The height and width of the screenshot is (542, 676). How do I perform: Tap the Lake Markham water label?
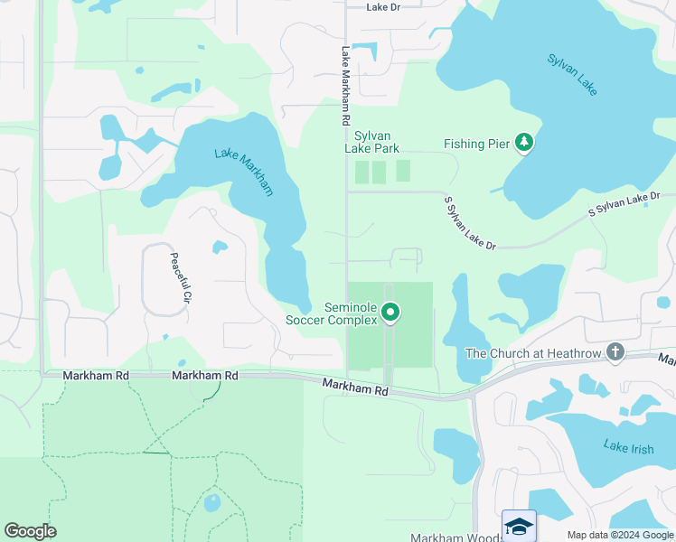tap(244, 171)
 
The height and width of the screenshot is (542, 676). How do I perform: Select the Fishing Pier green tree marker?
tap(523, 142)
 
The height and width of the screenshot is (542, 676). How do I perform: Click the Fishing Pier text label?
tap(477, 144)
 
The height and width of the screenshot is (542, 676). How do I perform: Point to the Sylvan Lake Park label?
tap(371, 142)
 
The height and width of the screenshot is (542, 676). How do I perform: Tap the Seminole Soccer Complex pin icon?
tap(390, 313)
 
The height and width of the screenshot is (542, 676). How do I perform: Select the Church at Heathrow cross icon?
tap(615, 351)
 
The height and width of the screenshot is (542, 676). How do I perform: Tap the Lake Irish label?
tap(627, 448)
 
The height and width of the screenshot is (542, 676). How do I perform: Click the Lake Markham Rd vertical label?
tap(345, 86)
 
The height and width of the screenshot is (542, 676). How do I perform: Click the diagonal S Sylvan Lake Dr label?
tap(470, 222)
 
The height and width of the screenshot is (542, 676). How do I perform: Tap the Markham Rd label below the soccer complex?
tap(355, 388)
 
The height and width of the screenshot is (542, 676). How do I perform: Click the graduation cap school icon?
tap(519, 526)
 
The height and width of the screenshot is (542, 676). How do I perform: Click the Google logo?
tap(30, 531)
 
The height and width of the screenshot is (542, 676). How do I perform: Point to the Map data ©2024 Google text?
tap(619, 535)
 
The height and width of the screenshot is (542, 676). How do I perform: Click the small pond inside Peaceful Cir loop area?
tap(220, 247)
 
